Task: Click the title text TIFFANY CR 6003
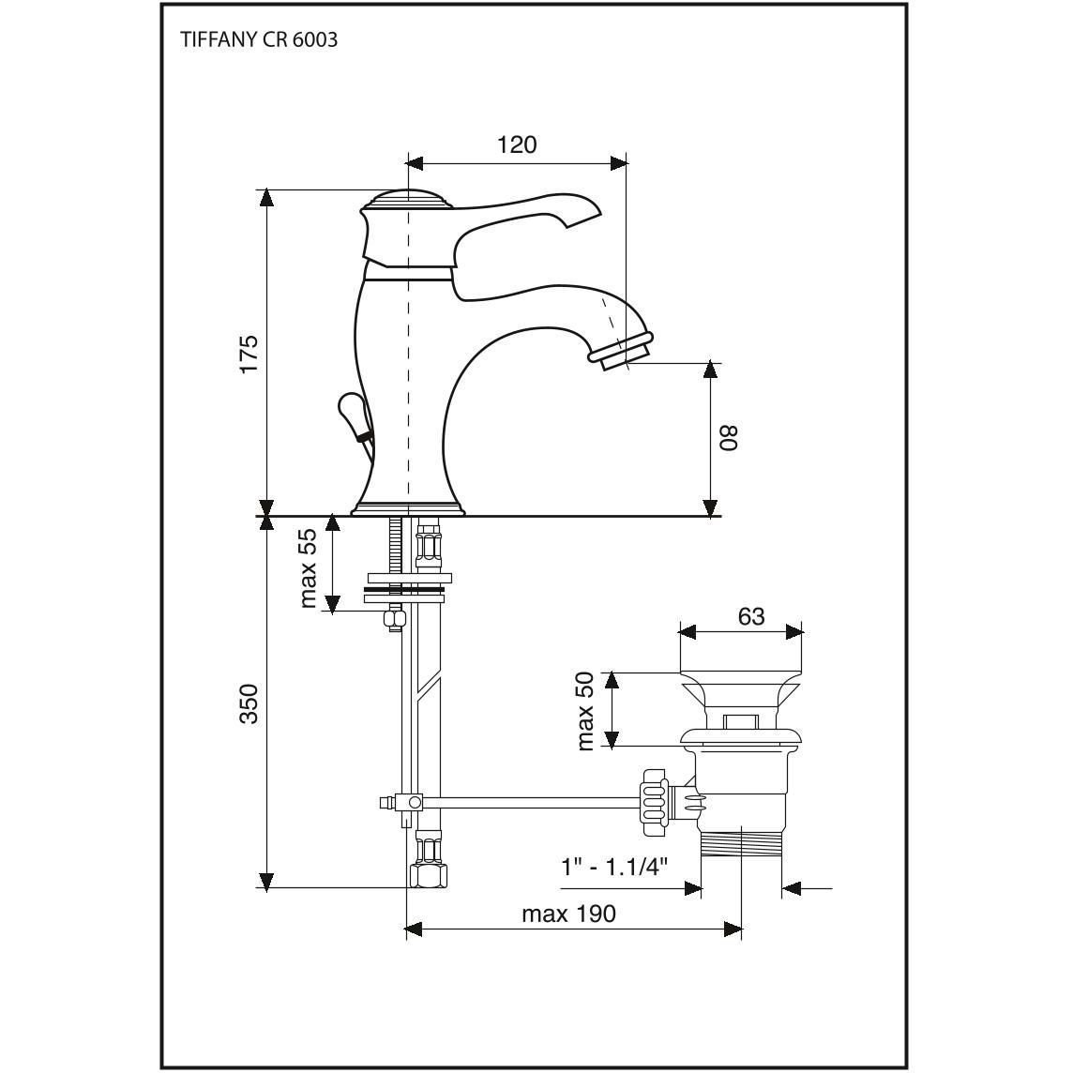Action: coord(259,39)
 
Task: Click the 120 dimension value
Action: coord(517,145)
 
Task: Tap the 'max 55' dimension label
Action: coord(310,568)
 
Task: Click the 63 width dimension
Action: coord(750,616)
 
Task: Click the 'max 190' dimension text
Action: coord(568,914)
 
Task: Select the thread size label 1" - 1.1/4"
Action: coord(613,868)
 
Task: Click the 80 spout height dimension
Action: coord(729,438)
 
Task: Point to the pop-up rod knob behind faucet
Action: coord(352,413)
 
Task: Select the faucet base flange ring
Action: coord(408,510)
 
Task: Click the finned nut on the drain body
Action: coord(654,801)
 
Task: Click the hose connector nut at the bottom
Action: coord(429,874)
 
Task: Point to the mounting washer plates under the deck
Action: coord(406,588)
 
